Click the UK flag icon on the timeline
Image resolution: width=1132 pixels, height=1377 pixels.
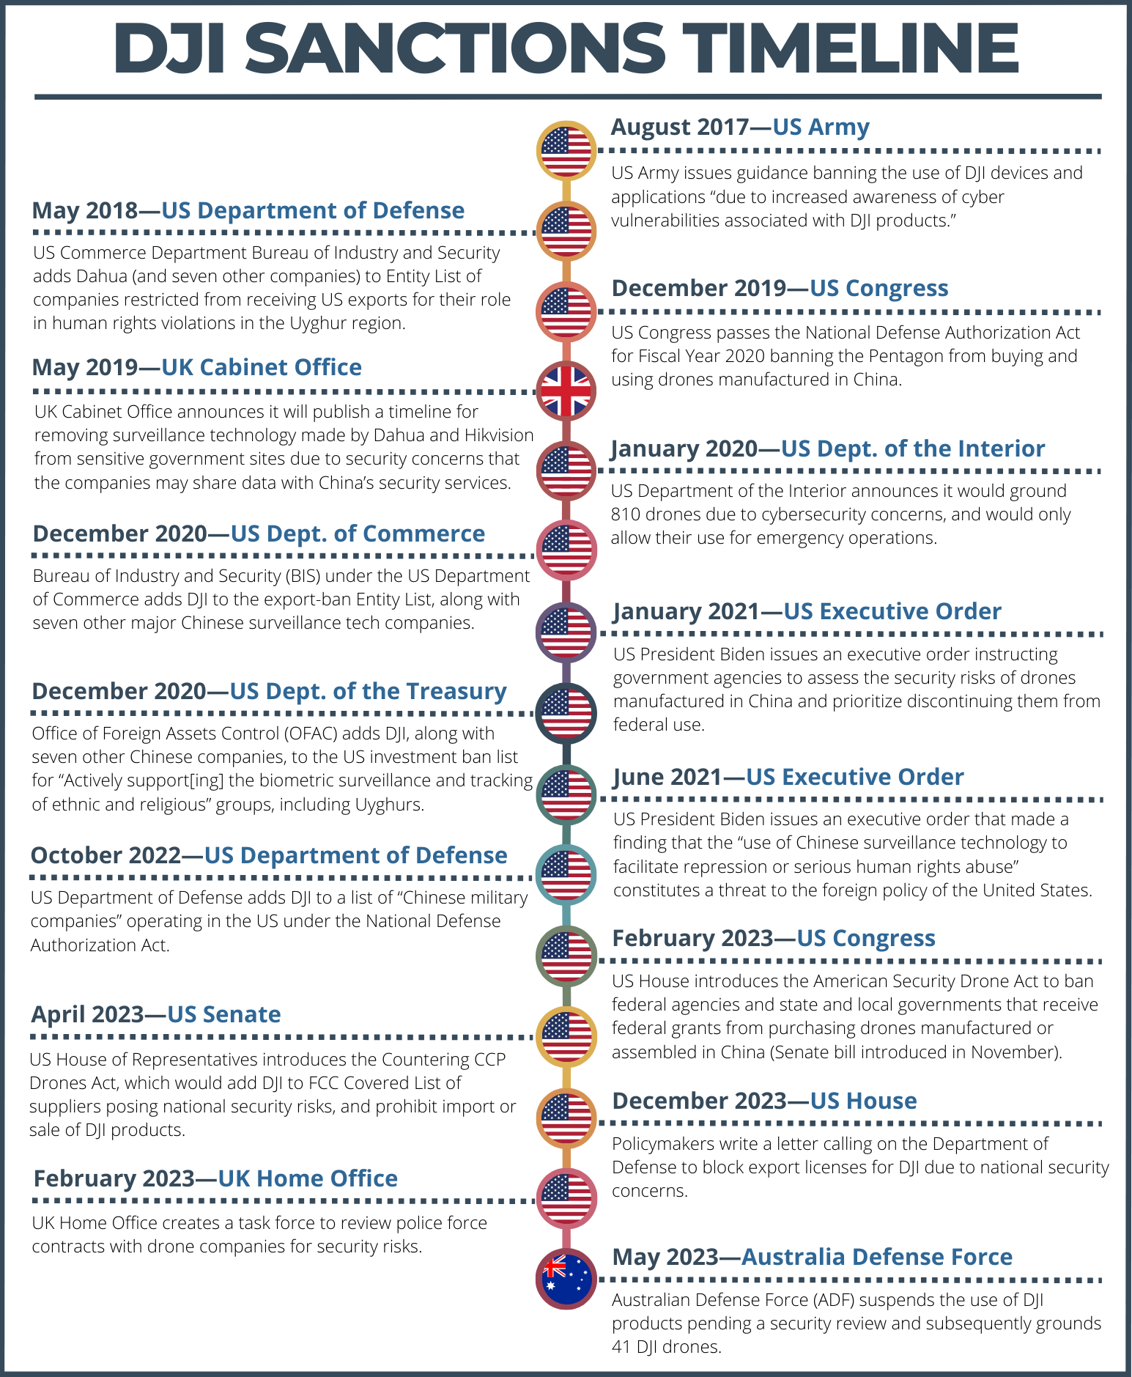[x=566, y=391]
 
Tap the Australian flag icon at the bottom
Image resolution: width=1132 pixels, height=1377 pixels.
[x=566, y=1278]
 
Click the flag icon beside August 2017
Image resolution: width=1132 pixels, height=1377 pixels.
[x=566, y=150]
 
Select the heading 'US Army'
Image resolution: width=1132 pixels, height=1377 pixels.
[x=821, y=127]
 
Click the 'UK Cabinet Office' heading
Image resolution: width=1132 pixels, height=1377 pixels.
[x=262, y=367]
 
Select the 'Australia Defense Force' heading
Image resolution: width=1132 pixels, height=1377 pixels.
[x=876, y=1257]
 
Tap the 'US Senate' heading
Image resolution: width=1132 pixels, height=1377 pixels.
[x=223, y=1014]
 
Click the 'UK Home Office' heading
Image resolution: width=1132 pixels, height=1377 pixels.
[x=308, y=1178]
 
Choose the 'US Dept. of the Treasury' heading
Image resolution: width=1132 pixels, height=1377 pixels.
[x=368, y=691]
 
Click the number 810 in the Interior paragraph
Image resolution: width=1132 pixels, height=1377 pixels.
[x=626, y=514]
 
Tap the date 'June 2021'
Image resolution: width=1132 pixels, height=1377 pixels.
[x=667, y=777]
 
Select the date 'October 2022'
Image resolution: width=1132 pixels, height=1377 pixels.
[x=106, y=855]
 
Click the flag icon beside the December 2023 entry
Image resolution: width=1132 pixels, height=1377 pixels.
[x=566, y=1118]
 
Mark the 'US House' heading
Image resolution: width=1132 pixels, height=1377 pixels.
[x=863, y=1101]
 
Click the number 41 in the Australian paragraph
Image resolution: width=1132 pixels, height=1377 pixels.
[x=622, y=1347]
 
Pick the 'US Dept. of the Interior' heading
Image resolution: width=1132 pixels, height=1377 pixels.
[x=912, y=448]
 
